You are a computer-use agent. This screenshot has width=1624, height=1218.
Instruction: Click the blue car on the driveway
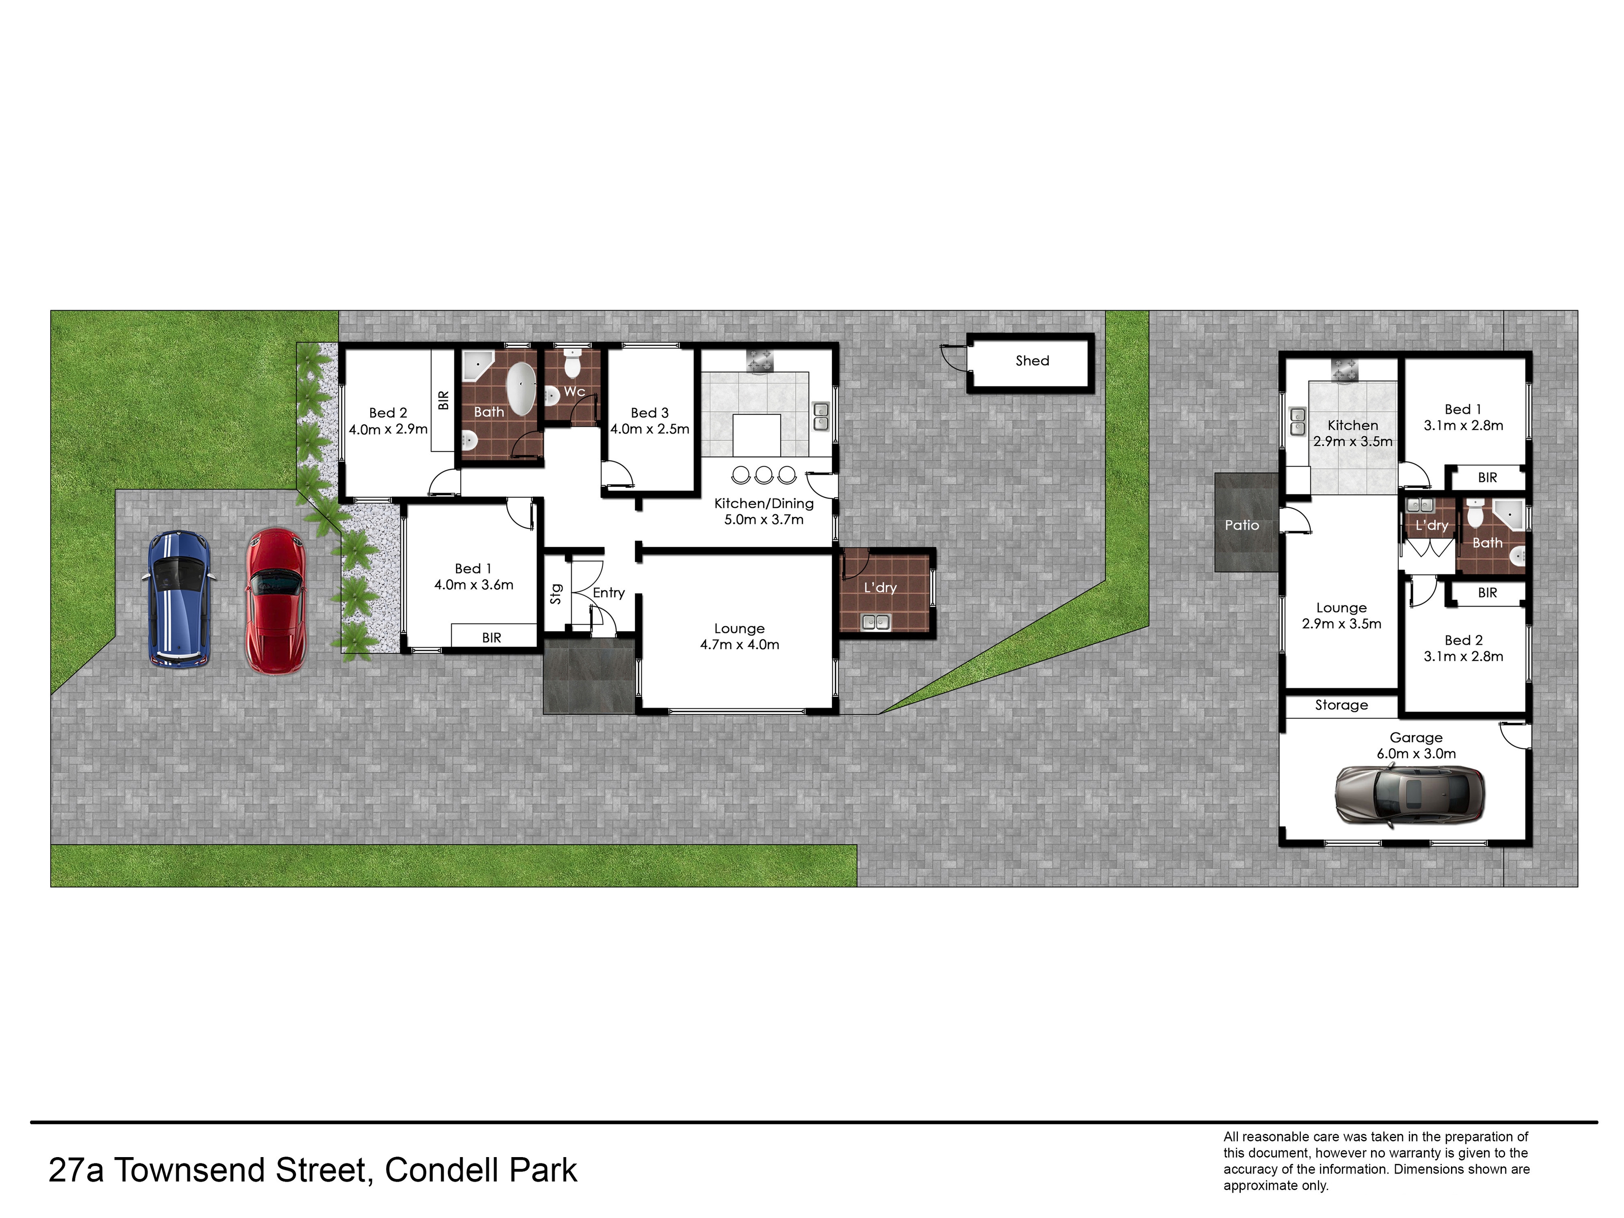[x=179, y=599]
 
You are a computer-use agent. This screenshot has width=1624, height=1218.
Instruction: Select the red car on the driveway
[x=276, y=601]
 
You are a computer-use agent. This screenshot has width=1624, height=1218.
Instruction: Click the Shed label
[x=1032, y=360]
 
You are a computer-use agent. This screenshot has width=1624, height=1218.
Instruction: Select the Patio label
[x=1242, y=525]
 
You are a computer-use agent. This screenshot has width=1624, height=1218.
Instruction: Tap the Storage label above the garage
[x=1341, y=705]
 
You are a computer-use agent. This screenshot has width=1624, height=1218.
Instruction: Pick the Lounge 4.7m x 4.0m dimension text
[x=739, y=645]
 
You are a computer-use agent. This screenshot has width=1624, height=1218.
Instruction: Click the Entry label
[x=609, y=593]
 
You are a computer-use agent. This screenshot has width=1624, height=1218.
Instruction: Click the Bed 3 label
[x=650, y=413]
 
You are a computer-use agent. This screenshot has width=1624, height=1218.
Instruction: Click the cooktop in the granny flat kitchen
[x=1345, y=371]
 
